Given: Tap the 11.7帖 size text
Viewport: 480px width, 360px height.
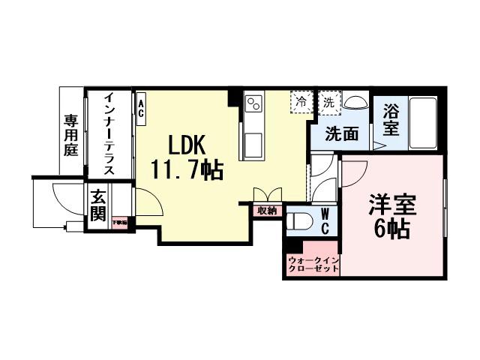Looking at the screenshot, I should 187,170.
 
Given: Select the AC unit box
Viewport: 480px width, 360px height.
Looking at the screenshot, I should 140,103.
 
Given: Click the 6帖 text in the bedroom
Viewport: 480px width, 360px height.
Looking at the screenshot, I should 391,229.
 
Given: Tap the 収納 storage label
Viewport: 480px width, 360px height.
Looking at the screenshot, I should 267,211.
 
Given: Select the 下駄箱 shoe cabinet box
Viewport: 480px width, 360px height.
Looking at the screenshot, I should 120,222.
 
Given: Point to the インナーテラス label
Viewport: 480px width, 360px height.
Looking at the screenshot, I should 109,133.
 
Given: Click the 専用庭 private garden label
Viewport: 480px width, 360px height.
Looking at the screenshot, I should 71,133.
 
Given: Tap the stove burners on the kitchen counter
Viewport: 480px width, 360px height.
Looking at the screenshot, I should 253,100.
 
